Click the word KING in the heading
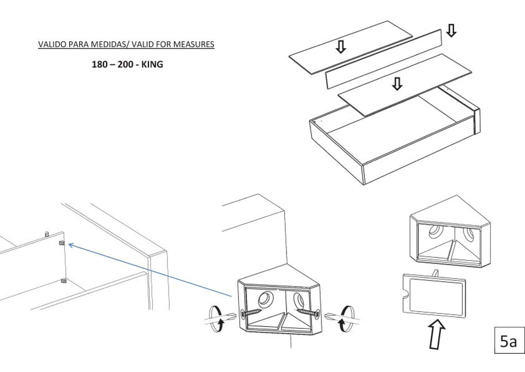pyautogui.click(x=152, y=65)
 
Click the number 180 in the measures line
pyautogui.click(x=100, y=65)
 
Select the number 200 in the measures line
pyautogui.click(x=126, y=65)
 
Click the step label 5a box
pyautogui.click(x=509, y=340)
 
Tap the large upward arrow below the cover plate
pyautogui.click(x=437, y=334)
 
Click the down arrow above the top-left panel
pyautogui.click(x=341, y=47)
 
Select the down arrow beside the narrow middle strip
pyautogui.click(x=451, y=30)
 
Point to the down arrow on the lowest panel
pyautogui.click(x=397, y=84)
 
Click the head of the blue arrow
pyautogui.click(x=71, y=245)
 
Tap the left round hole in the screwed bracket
pyautogui.click(x=265, y=299)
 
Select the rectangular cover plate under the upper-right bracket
pyautogui.click(x=434, y=296)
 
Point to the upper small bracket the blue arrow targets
pyautogui.click(x=62, y=243)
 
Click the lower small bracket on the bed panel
pyautogui.click(x=64, y=281)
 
